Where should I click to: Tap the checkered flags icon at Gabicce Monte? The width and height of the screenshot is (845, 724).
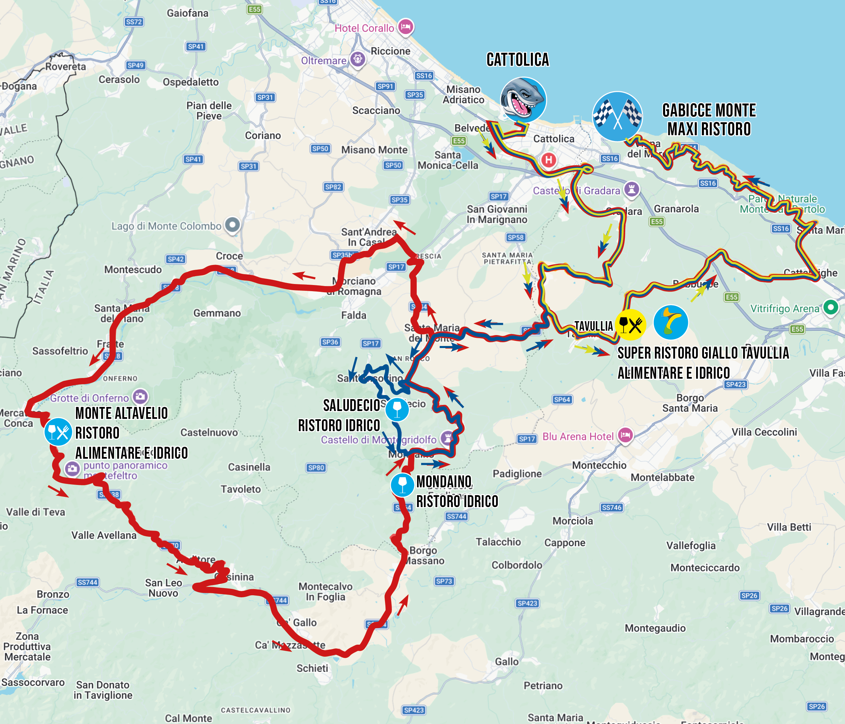click(x=617, y=116)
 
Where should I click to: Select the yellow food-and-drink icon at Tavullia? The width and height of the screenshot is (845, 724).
click(x=630, y=325)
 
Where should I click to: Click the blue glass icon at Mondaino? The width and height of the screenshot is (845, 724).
click(x=402, y=484)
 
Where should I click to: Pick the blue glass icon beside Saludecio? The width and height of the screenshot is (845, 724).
click(x=397, y=409)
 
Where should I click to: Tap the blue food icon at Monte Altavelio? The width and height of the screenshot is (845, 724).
click(x=58, y=431)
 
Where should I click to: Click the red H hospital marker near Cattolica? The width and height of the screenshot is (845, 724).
click(x=549, y=160)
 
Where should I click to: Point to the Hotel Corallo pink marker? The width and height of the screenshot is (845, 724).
click(x=405, y=27)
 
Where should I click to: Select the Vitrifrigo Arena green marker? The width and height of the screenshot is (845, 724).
click(x=830, y=308)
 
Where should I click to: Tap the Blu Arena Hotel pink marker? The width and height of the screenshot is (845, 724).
click(x=625, y=435)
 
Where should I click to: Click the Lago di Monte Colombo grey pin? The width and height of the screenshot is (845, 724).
click(x=232, y=225)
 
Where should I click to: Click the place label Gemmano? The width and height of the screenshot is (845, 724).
click(x=217, y=313)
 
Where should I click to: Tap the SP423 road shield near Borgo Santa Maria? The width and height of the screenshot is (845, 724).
click(x=735, y=384)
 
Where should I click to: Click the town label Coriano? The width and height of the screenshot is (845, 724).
click(x=263, y=135)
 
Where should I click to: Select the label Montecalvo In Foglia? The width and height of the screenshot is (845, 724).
click(x=325, y=592)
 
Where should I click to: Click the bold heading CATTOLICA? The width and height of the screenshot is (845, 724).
click(x=518, y=60)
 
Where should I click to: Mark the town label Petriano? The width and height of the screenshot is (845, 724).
click(x=543, y=686)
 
